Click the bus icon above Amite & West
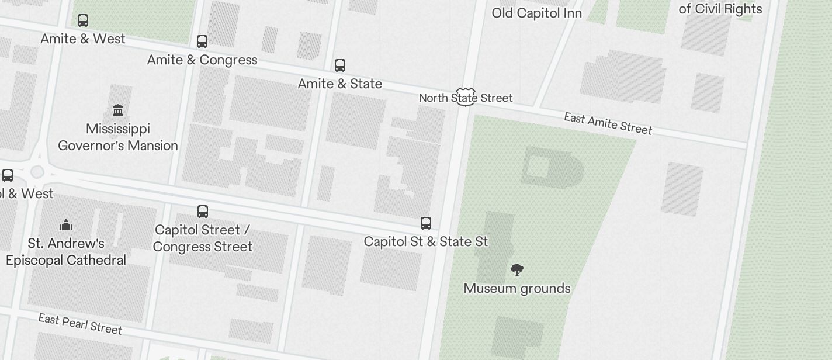click(83, 20)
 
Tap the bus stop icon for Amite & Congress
click(202, 41)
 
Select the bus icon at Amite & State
click(340, 65)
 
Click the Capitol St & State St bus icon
click(426, 223)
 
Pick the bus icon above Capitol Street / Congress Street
click(203, 211)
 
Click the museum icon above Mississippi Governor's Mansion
click(118, 110)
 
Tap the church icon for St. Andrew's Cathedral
click(66, 225)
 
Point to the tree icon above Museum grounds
click(517, 269)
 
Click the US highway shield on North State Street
click(466, 97)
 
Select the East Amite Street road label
click(608, 123)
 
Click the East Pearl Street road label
click(80, 324)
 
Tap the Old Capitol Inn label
click(536, 13)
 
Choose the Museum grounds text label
click(517, 288)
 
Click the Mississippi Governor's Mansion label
click(118, 137)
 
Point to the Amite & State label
click(340, 84)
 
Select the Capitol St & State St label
click(426, 241)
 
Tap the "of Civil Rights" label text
click(720, 9)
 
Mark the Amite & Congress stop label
click(202, 60)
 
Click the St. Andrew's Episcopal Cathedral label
click(66, 251)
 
